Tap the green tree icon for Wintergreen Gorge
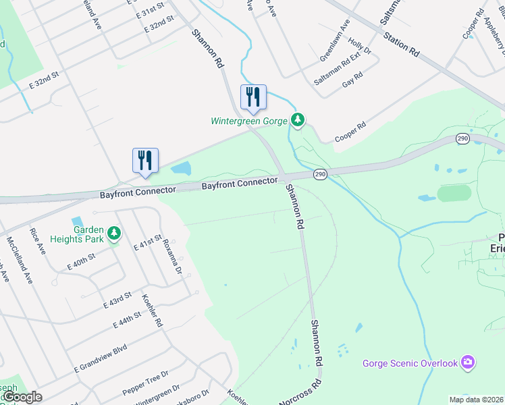(298, 121)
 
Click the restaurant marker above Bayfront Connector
(145, 161)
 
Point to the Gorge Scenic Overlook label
(410, 363)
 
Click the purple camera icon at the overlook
(467, 362)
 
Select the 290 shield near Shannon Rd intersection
(321, 174)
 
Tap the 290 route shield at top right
(462, 138)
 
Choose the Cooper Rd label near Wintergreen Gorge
(352, 132)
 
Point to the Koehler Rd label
(153, 310)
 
